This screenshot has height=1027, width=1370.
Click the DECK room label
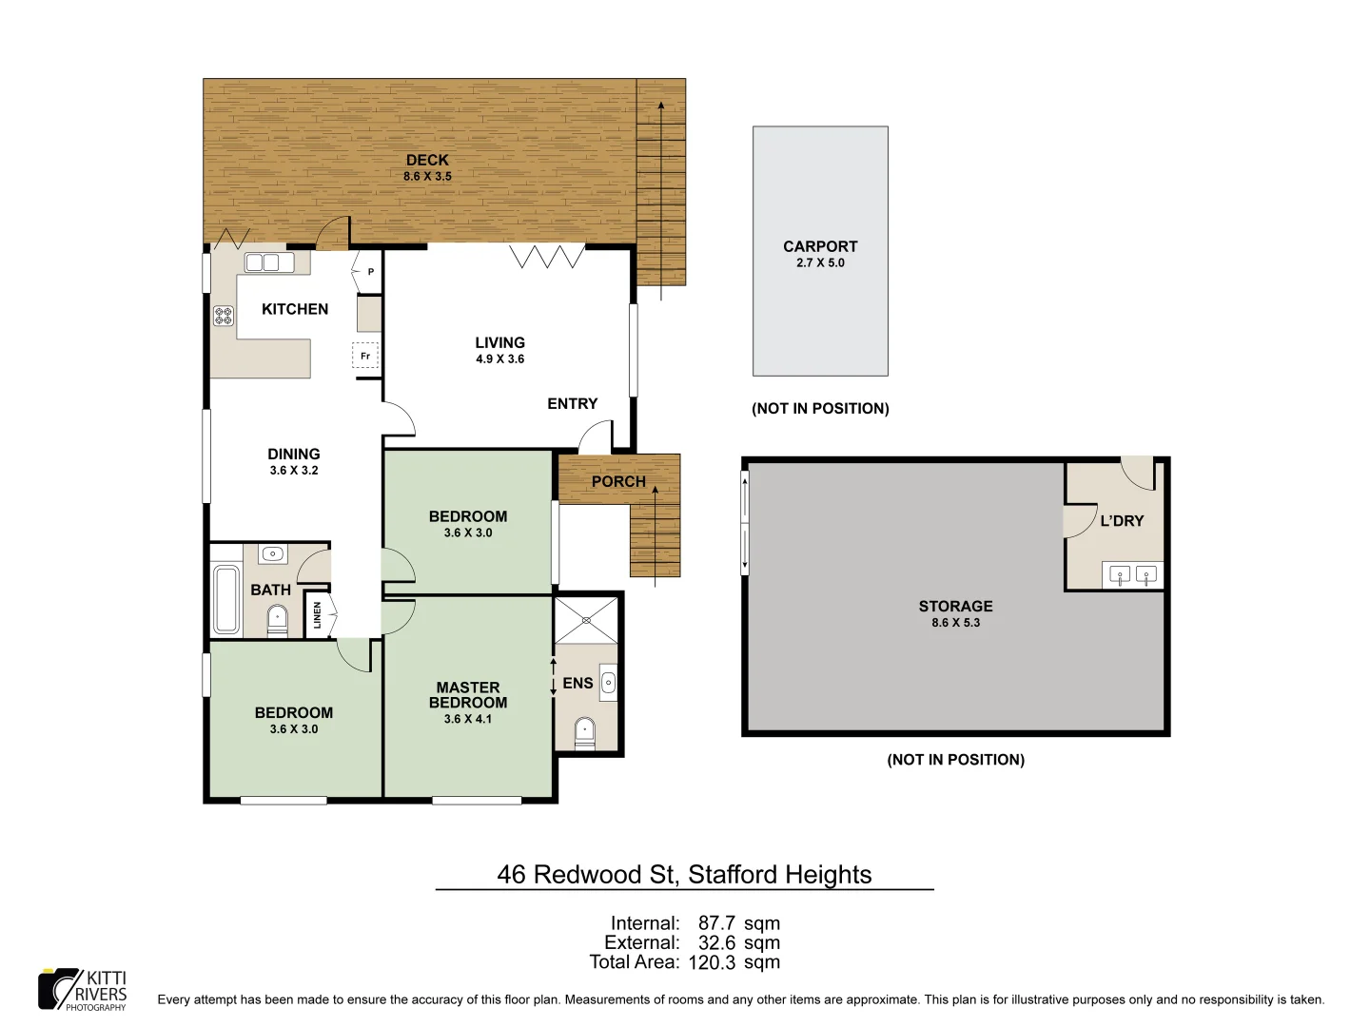427,161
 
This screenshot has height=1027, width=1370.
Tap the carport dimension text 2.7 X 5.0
820,263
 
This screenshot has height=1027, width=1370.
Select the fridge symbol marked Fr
365,356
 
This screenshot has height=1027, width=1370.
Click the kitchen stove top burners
224,316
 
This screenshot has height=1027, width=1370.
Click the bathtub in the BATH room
226,599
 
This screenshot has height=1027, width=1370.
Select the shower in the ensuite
586,619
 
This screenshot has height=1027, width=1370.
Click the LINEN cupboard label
318,615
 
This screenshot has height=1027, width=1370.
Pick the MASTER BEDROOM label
468,695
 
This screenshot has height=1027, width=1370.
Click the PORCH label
618,482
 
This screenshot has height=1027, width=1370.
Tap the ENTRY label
573,404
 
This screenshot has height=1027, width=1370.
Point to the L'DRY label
1122,521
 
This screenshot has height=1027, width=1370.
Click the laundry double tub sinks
1133,574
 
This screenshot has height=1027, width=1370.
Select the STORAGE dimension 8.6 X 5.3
955,623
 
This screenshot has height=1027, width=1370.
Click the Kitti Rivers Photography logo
83,990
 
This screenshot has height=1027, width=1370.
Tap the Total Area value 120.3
712,962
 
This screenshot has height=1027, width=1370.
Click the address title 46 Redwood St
684,875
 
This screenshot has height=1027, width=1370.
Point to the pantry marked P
369,272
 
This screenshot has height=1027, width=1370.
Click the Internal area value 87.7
716,923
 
